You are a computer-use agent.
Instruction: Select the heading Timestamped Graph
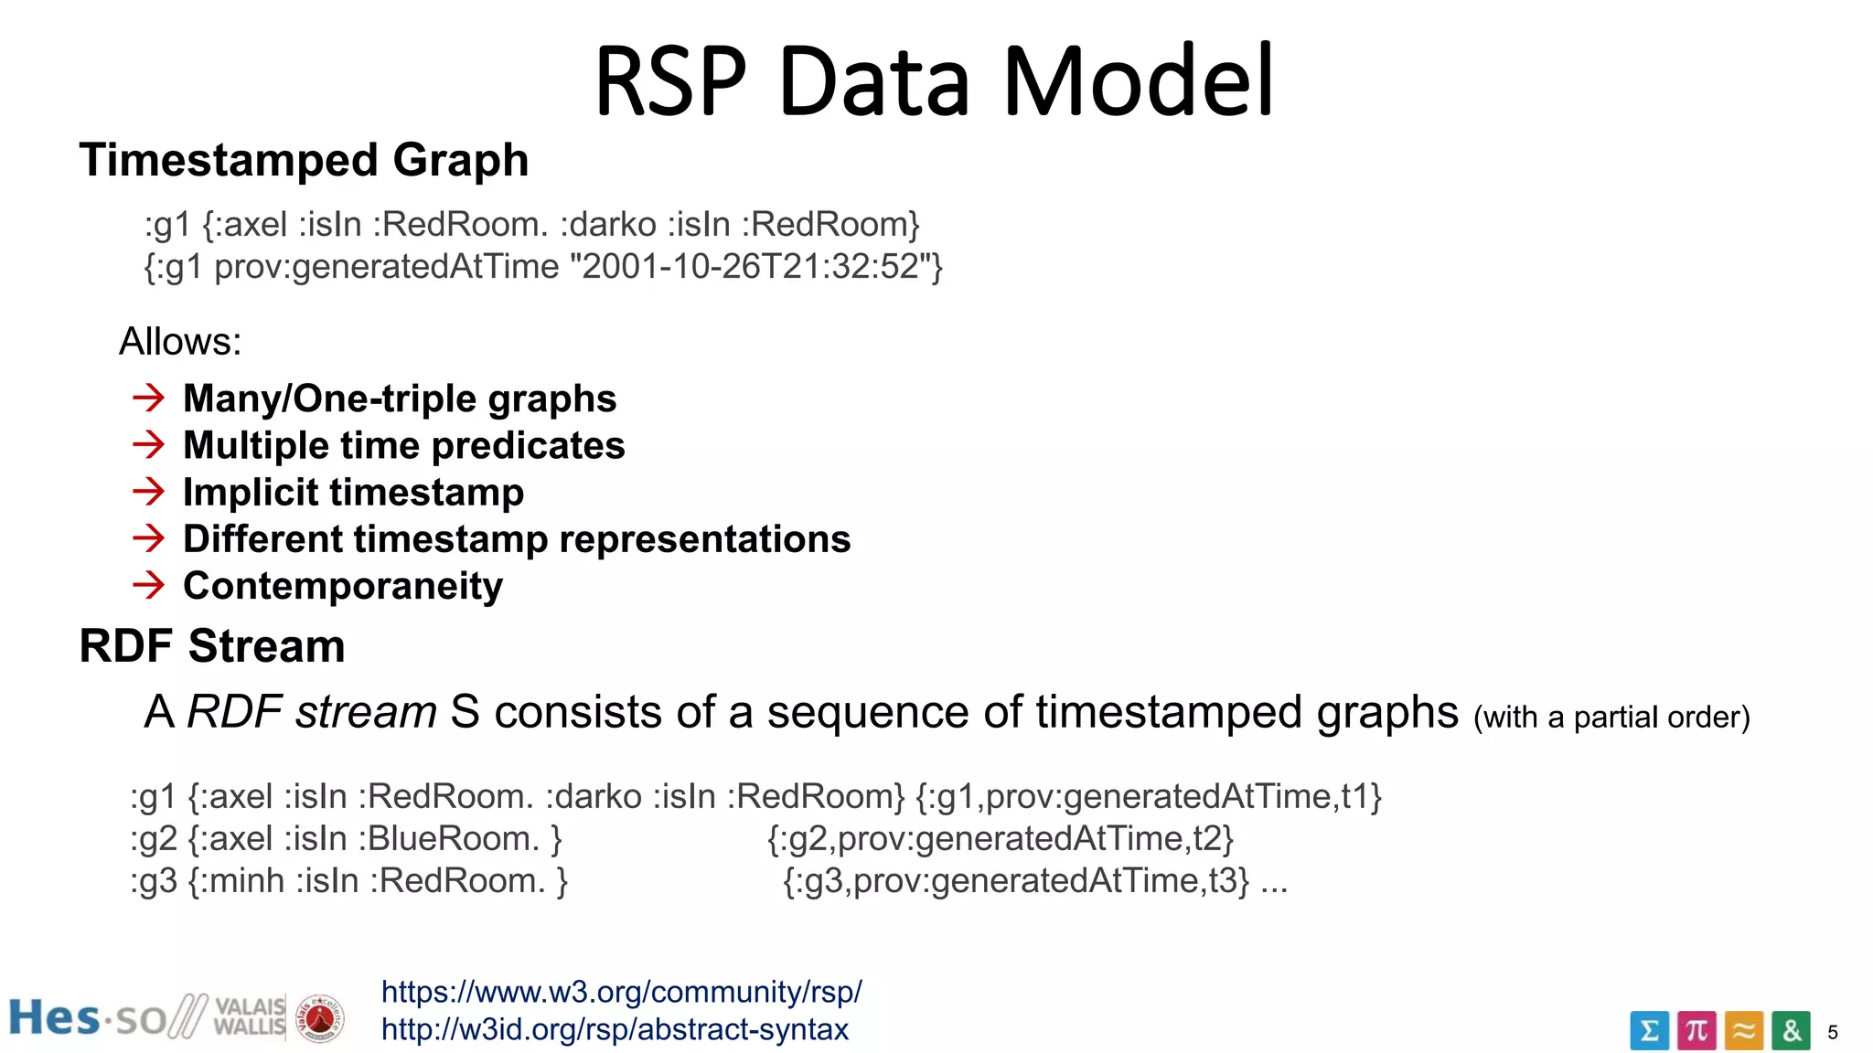click(x=304, y=160)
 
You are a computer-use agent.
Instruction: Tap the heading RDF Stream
click(x=212, y=646)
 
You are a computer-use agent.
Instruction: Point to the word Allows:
click(x=180, y=342)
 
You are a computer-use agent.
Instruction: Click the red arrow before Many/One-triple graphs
click(x=148, y=398)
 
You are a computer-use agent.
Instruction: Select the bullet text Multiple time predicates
click(x=403, y=445)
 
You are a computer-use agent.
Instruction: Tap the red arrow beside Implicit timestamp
click(x=148, y=492)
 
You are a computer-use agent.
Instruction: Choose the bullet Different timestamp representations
click(x=517, y=539)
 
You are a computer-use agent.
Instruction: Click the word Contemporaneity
click(x=343, y=586)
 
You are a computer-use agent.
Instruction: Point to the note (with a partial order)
click(x=1611, y=718)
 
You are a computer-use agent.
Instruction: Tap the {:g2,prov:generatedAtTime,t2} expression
click(x=1001, y=839)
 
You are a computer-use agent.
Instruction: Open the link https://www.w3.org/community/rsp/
click(x=621, y=992)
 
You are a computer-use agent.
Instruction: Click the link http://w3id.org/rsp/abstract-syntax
click(x=615, y=1030)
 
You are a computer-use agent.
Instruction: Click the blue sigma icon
click(x=1649, y=1031)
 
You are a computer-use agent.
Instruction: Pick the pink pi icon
click(x=1696, y=1031)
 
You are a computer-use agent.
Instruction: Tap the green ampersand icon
click(x=1791, y=1031)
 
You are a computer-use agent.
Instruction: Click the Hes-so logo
click(x=87, y=1018)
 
